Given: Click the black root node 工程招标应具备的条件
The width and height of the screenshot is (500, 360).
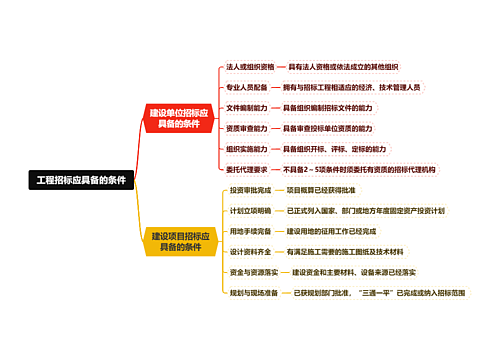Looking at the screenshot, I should [81, 181].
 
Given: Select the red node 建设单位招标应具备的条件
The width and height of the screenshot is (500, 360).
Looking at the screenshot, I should [179, 118].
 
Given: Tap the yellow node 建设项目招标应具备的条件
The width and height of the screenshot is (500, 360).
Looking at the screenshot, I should [179, 241].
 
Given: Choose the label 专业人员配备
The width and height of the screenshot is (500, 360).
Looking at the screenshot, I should [246, 87].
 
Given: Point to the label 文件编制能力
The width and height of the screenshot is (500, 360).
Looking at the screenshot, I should [246, 108].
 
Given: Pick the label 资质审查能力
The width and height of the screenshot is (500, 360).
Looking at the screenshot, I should [246, 129].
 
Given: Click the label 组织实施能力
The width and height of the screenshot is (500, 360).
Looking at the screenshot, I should [246, 149].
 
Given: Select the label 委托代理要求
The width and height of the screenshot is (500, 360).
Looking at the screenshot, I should [246, 170].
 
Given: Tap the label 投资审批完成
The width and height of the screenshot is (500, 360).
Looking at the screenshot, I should [250, 190].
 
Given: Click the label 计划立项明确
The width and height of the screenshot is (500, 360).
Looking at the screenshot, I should [250, 211].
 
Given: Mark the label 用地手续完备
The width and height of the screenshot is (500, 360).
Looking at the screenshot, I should [250, 231].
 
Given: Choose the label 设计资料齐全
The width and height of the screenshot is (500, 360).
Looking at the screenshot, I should [250, 252].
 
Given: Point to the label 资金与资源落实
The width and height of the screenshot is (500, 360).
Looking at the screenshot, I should [253, 272].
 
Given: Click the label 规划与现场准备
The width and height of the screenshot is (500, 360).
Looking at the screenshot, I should [253, 293].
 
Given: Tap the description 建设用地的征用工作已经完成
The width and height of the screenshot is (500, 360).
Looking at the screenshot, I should [333, 231].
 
